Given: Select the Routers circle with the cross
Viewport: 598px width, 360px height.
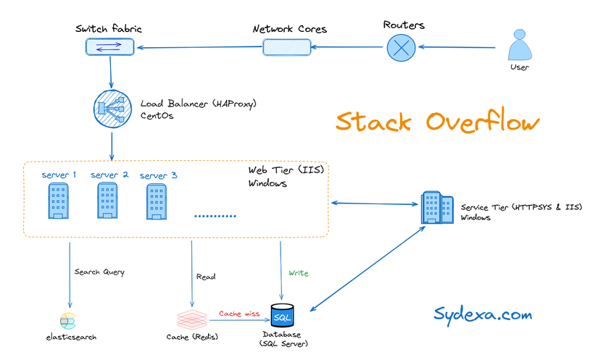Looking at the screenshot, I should click(x=399, y=49).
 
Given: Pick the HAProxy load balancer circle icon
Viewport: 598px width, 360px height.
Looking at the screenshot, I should click(x=110, y=109).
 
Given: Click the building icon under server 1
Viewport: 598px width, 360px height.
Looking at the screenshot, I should click(x=59, y=201).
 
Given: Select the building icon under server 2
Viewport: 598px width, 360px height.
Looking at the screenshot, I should click(x=107, y=201).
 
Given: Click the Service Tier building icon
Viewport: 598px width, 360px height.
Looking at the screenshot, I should click(x=433, y=209).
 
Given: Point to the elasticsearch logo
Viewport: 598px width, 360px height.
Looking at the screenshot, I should click(x=68, y=321).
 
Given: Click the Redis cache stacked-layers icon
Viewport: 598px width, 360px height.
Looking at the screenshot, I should click(x=192, y=319).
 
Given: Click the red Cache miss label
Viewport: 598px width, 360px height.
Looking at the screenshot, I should click(x=240, y=313).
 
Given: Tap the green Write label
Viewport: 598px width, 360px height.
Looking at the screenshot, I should click(x=298, y=273).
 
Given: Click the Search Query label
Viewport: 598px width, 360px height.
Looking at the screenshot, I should click(x=99, y=272).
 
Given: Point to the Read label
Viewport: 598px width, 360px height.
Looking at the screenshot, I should click(x=205, y=277).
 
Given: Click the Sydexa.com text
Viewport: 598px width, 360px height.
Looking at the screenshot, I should click(x=483, y=314).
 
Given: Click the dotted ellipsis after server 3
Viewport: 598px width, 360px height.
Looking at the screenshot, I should click(x=215, y=216).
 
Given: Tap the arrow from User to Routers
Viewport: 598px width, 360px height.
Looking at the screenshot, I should click(x=457, y=49).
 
